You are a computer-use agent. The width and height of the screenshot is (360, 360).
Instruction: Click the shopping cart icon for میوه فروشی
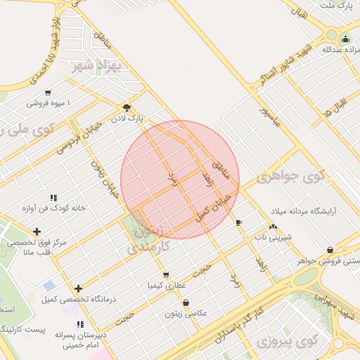[47, 92]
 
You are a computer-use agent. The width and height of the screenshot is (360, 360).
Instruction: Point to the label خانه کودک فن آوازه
[53, 207]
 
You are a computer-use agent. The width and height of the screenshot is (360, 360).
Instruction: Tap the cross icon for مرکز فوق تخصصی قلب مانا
[37, 231]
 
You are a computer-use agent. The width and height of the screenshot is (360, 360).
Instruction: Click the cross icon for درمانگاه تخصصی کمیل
[78, 288]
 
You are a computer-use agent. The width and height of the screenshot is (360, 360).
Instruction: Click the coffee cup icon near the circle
[239, 222]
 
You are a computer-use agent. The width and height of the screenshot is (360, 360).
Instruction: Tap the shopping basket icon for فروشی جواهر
[330, 249]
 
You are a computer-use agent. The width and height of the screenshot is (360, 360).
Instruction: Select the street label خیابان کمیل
[214, 204]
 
